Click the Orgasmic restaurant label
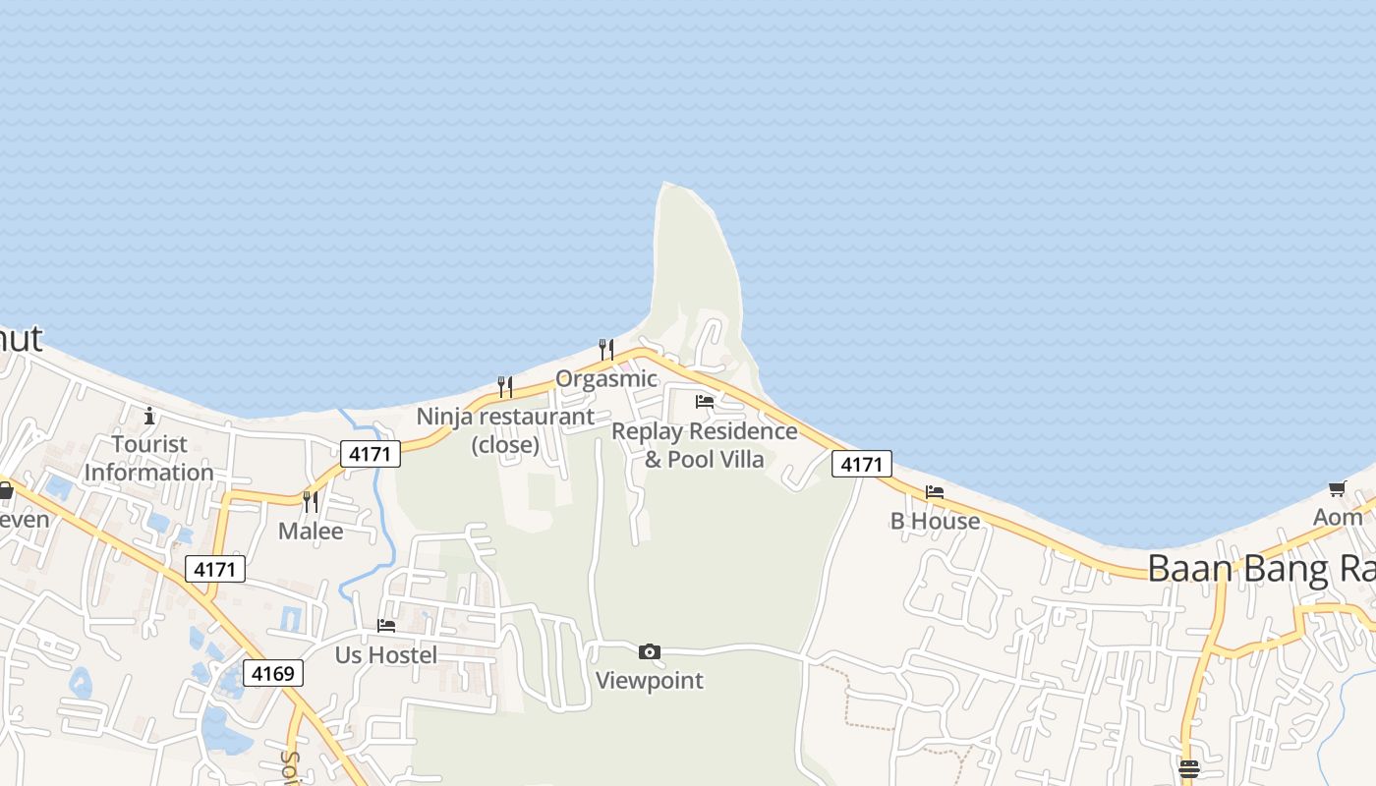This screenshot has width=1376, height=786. click(606, 379)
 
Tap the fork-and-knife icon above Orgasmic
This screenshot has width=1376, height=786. click(606, 349)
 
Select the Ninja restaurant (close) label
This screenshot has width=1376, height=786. click(505, 430)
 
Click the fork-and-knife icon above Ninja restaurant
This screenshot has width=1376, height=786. click(505, 386)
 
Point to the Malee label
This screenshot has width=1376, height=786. click(311, 532)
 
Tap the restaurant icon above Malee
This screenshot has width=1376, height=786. click(310, 502)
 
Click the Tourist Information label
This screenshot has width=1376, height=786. click(149, 458)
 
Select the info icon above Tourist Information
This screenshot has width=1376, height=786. click(149, 416)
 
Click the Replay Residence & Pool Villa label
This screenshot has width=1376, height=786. click(705, 445)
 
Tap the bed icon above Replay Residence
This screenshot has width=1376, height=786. click(705, 401)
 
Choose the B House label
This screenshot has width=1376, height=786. click(935, 521)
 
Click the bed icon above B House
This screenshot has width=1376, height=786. click(935, 491)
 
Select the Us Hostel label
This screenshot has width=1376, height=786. click(386, 654)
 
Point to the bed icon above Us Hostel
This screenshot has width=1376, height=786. click(386, 625)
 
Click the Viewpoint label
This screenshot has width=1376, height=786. click(650, 680)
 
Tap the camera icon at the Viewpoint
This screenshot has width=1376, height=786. click(649, 651)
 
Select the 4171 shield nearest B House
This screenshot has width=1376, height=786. click(862, 464)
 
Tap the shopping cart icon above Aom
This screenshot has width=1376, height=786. click(1337, 488)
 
